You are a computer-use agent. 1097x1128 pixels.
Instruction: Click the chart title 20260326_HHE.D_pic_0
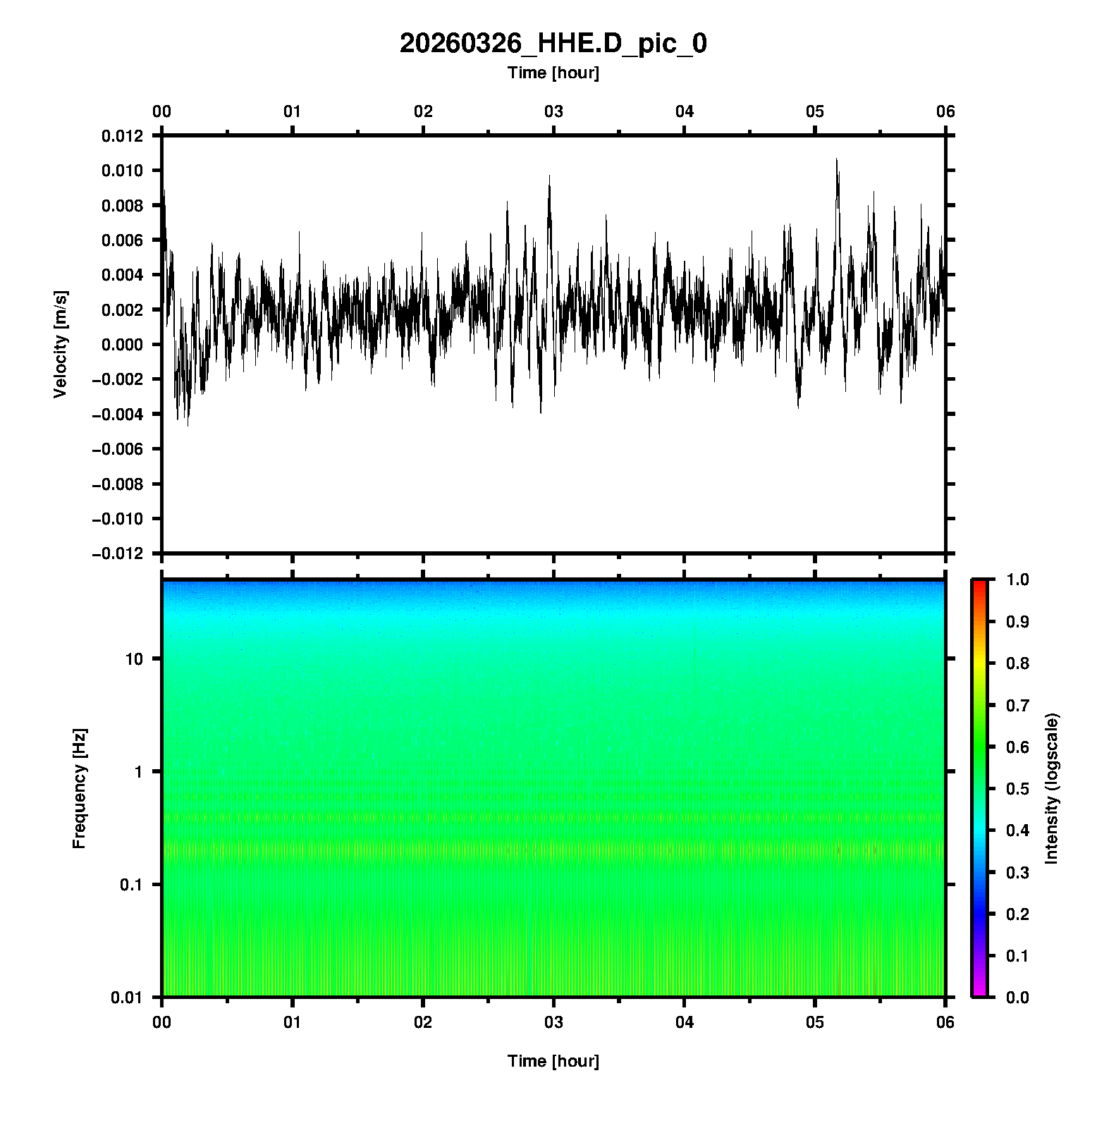(553, 44)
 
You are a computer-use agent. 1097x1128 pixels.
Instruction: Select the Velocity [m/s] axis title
(61, 344)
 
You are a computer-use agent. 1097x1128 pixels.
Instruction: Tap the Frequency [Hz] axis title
(79, 788)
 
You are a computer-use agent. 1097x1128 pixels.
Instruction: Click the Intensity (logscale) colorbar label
(1052, 788)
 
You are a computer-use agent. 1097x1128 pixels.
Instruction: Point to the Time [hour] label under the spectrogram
(553, 1061)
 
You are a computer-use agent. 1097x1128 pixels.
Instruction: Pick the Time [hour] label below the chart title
(553, 73)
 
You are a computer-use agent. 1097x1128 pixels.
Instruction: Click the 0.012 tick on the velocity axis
(123, 136)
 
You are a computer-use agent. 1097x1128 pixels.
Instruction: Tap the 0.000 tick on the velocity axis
(123, 345)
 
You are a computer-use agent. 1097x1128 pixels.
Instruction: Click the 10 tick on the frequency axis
(134, 659)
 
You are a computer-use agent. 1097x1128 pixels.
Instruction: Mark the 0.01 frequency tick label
(128, 997)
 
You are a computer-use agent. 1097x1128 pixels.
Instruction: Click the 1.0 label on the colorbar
(1019, 580)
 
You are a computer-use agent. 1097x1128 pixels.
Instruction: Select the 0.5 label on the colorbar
(1019, 788)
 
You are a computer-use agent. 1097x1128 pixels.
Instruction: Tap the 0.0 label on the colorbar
(1019, 997)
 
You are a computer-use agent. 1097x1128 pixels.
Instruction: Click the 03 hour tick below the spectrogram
(554, 1022)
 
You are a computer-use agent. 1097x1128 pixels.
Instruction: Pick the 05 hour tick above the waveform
(815, 111)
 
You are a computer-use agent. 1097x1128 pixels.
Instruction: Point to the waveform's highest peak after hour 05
(837, 160)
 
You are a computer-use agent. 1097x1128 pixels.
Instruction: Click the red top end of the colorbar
(979, 583)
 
